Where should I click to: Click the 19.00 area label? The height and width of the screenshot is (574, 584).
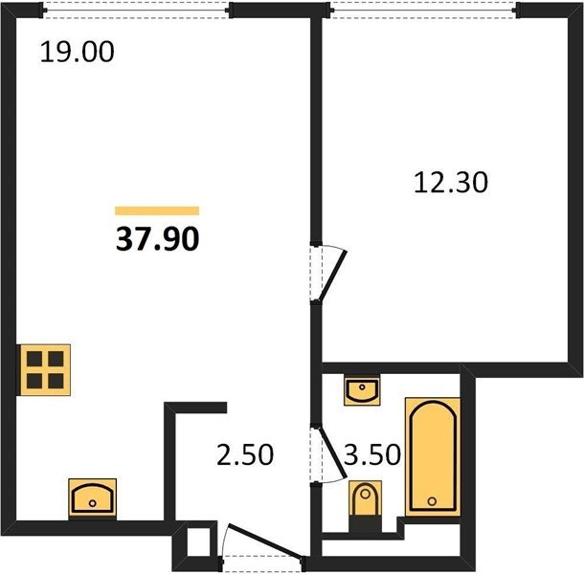pos(78,52)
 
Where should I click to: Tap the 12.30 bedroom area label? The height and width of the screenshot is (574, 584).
pos(451,183)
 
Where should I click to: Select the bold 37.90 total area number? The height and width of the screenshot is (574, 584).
pos(158,239)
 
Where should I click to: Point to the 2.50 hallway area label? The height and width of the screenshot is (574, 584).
pos(245,454)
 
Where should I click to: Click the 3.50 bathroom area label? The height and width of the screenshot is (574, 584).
pos(372,454)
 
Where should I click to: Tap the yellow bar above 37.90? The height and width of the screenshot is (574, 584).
pos(157,211)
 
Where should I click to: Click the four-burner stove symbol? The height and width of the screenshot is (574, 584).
pos(45,370)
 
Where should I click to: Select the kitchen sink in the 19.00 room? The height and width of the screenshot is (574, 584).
pos(92,498)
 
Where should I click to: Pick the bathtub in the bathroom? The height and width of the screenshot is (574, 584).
pos(433,456)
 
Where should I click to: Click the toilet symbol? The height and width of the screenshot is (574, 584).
pos(365,506)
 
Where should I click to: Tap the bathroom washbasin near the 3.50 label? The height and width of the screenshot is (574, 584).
pos(362,390)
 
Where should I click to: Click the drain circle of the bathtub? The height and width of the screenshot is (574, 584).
pos(432,501)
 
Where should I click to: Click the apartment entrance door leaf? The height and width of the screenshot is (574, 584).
pos(265,541)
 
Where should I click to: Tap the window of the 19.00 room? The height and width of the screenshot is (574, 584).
pos(136,11)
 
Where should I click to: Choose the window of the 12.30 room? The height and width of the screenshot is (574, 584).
pos(423,11)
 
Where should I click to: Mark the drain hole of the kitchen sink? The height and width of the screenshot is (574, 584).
pos(92,503)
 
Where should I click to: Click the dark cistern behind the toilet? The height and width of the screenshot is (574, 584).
pos(365,524)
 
